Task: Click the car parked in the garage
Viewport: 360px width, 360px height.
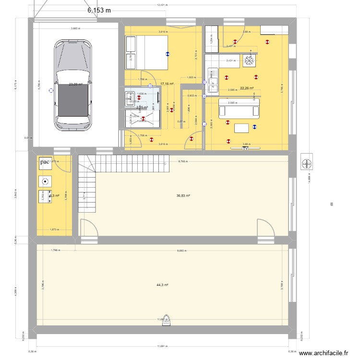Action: click(x=73, y=85)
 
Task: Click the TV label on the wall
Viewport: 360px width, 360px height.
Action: click(x=245, y=149)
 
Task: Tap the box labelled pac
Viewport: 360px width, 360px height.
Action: click(x=45, y=162)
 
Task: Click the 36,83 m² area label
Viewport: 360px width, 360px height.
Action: click(x=183, y=196)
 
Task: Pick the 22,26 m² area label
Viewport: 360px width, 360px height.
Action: click(x=247, y=88)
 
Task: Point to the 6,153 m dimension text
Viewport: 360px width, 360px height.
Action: click(x=99, y=10)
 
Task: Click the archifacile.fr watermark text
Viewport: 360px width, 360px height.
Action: click(x=324, y=353)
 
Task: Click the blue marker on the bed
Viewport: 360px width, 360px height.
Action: click(x=168, y=54)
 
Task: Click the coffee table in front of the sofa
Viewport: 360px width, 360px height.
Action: click(x=241, y=128)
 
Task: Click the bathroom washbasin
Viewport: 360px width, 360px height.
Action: click(x=129, y=98)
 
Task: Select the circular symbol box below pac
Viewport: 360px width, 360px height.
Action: click(x=45, y=181)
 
